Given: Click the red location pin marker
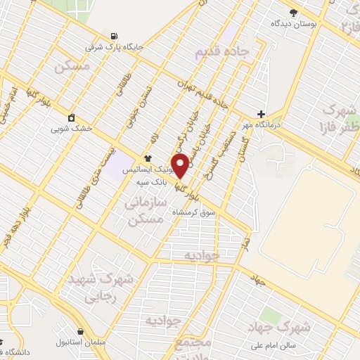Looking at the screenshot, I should [x=181, y=166].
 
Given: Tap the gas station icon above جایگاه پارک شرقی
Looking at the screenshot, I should [x=112, y=37].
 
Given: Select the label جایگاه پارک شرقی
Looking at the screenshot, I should [x=115, y=47].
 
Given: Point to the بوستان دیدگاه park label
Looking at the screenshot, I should [x=295, y=23].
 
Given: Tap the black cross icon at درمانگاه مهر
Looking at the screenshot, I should [x=261, y=114].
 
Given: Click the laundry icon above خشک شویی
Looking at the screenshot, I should [x=71, y=117].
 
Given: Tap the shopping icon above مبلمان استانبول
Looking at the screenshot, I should [x=82, y=330].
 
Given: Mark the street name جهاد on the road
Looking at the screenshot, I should [x=256, y=280].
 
